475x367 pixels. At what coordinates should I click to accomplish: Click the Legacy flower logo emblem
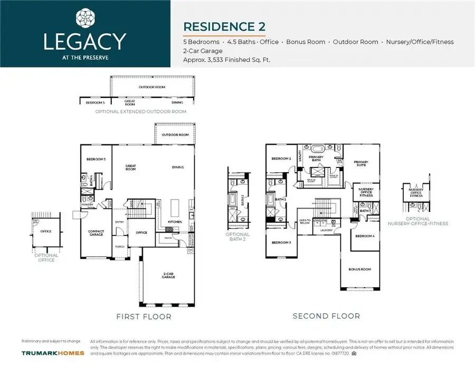[85, 18]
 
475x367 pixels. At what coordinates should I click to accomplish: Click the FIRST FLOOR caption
[143, 316]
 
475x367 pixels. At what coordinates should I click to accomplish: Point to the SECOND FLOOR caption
[326, 316]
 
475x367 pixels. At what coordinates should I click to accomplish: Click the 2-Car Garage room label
[168, 275]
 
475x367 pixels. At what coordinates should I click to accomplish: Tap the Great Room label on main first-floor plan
[130, 168]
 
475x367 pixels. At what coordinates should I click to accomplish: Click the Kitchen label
[175, 222]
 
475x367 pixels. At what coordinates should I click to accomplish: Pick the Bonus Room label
[360, 269]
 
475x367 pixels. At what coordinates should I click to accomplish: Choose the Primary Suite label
[361, 163]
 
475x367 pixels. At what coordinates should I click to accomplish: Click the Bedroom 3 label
[281, 242]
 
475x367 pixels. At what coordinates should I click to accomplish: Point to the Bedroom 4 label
[365, 236]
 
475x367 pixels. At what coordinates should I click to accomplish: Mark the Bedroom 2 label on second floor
[281, 158]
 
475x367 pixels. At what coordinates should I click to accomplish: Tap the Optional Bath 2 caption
[237, 236]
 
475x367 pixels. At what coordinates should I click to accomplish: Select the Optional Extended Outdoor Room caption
[140, 111]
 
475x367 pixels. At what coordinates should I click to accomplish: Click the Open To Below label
[306, 221]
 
